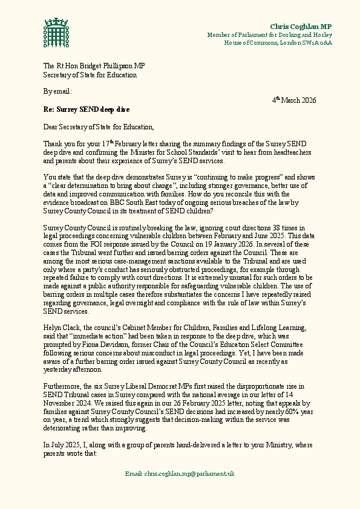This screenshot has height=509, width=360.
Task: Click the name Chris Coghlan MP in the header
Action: pos(301,27)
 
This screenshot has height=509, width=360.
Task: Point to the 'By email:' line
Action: pos(57,91)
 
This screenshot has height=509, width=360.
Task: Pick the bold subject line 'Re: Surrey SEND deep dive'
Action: pos(86,110)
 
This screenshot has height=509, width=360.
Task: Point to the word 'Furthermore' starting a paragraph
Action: pos(63,386)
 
